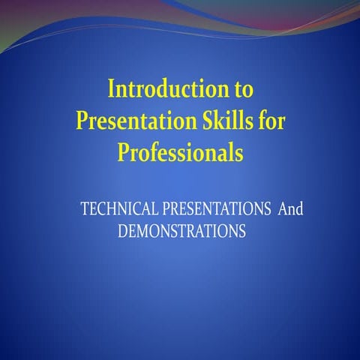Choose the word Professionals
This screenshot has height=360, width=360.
pyautogui.click(x=181, y=153)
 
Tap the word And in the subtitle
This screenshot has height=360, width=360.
pyautogui.click(x=290, y=209)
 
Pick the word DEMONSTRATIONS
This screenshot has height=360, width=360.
pyautogui.click(x=182, y=232)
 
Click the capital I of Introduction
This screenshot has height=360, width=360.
pyautogui.click(x=112, y=90)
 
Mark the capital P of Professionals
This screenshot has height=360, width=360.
pyautogui.click(x=123, y=153)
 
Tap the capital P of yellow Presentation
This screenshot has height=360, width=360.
pyautogui.click(x=83, y=121)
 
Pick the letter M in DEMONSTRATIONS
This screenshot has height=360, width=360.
pyautogui.click(x=144, y=232)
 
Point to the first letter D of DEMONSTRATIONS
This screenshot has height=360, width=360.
pyautogui.click(x=124, y=232)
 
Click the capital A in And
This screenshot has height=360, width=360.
pyautogui.click(x=283, y=209)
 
